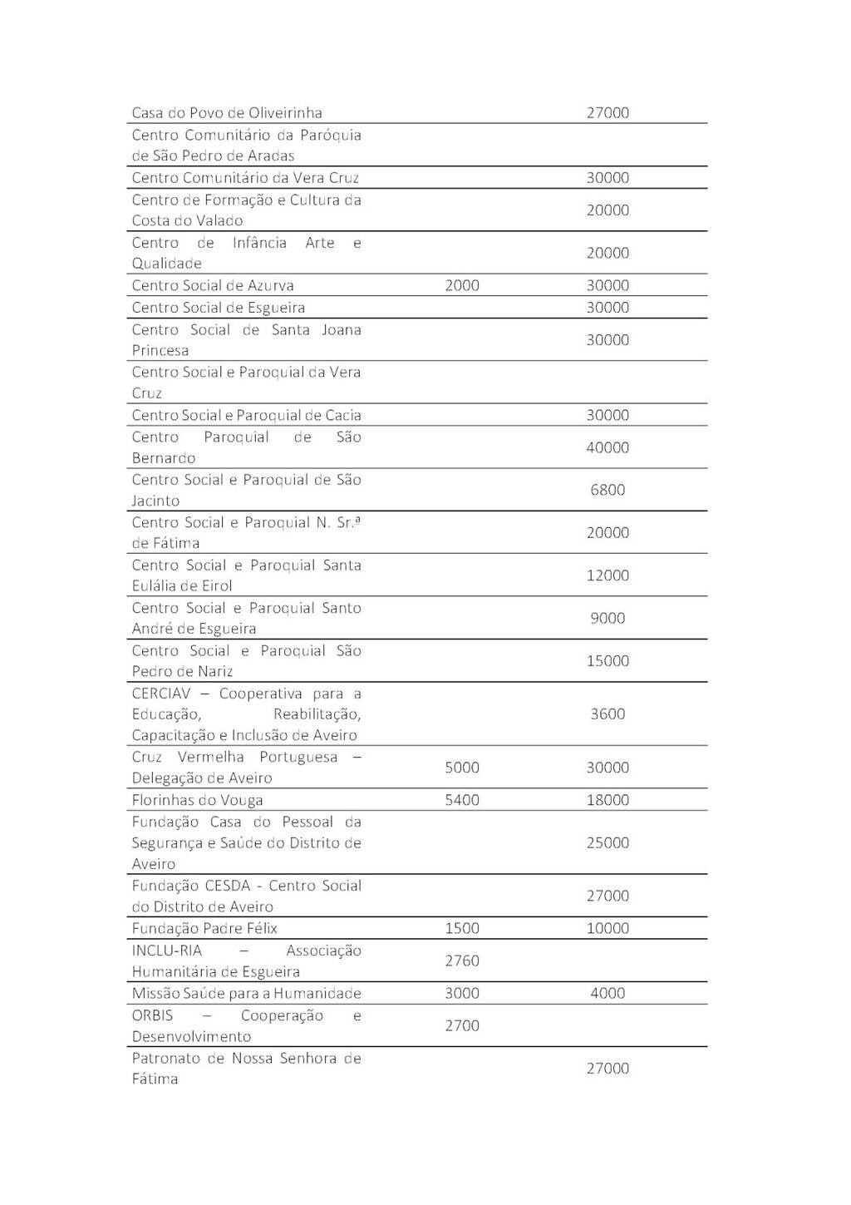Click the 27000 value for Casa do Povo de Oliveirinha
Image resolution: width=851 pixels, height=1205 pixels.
[x=608, y=113]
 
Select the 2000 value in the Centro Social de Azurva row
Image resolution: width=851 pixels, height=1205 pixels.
[x=462, y=285]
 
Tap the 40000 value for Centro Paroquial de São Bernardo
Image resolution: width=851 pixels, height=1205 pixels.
[x=608, y=447]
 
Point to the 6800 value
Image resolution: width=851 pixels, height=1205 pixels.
[x=608, y=490]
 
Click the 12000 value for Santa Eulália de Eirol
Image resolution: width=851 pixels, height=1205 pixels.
[x=608, y=575]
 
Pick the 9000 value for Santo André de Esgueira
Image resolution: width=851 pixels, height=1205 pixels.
[x=608, y=618]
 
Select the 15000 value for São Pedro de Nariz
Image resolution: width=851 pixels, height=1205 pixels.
[x=608, y=661]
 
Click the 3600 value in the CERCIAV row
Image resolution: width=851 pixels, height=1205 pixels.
[x=608, y=714]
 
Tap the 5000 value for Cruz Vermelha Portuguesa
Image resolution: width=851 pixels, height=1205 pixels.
[x=462, y=768]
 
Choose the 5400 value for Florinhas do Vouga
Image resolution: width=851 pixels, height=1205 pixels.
[x=462, y=800]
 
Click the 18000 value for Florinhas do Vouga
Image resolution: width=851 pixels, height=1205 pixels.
[x=608, y=800]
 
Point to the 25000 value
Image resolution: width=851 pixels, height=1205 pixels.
[x=608, y=842]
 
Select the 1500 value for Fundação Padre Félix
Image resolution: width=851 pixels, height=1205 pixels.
[x=462, y=928]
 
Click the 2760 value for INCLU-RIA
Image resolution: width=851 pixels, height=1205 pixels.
[x=462, y=961]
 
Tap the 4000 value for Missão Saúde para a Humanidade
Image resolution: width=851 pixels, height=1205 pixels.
[x=608, y=993]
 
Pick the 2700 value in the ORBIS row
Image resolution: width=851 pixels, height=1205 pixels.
[x=462, y=1025]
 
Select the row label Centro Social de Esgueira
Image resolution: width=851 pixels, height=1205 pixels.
[x=219, y=308]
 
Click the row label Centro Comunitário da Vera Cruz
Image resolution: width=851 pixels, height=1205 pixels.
[x=245, y=178]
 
